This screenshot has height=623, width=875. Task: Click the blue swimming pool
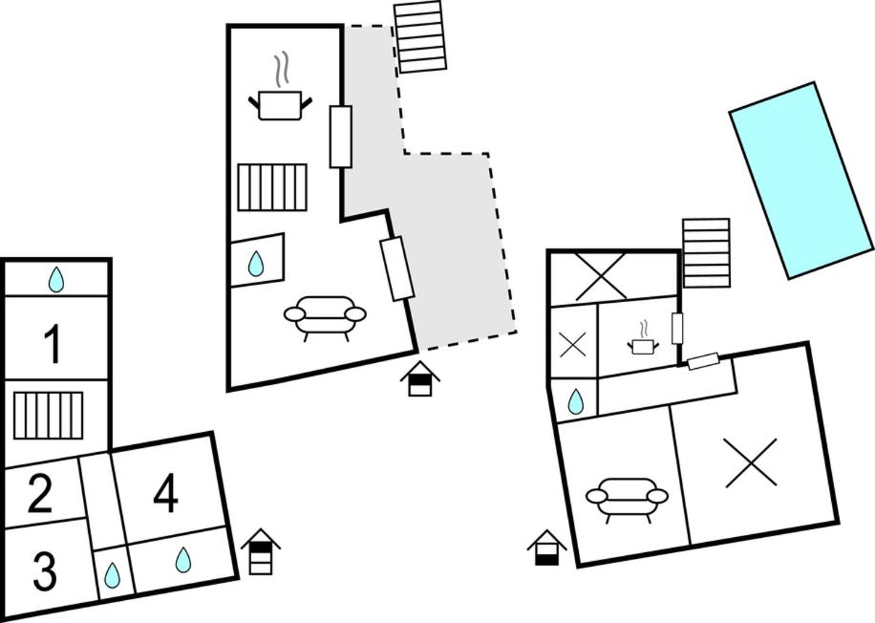(801, 180)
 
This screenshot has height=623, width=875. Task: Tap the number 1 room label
(53, 345)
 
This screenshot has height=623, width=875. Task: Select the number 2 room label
(39, 494)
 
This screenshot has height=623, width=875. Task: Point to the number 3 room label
(44, 570)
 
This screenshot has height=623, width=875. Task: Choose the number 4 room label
(165, 494)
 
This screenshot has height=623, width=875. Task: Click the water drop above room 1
(56, 279)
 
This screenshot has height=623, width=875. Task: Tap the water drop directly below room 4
(183, 560)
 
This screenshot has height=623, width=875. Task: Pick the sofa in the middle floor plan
(325, 315)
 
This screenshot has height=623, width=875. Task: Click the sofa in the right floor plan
(627, 497)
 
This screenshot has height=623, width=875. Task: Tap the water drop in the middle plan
(256, 263)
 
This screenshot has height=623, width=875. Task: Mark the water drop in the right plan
(575, 402)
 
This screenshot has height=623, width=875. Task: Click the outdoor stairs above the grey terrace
(421, 36)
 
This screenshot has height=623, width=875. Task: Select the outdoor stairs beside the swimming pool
(706, 252)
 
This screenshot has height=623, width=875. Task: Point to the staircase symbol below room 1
(49, 414)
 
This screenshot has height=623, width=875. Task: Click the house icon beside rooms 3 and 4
(261, 551)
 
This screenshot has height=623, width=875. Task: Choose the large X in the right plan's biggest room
(751, 462)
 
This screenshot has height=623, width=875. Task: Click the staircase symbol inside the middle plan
(272, 187)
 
